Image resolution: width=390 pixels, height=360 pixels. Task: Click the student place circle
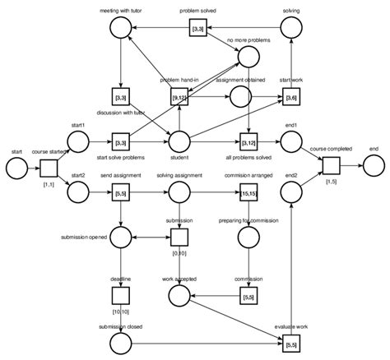(179, 142)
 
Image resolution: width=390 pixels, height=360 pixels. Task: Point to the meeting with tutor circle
(121, 30)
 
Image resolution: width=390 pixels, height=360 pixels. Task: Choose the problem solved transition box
(197, 30)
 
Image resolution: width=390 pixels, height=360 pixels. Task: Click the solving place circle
(291, 29)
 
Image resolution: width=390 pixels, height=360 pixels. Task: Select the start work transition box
(291, 99)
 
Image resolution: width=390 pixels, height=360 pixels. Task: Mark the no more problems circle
(248, 56)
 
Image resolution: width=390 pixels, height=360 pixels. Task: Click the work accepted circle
(179, 293)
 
